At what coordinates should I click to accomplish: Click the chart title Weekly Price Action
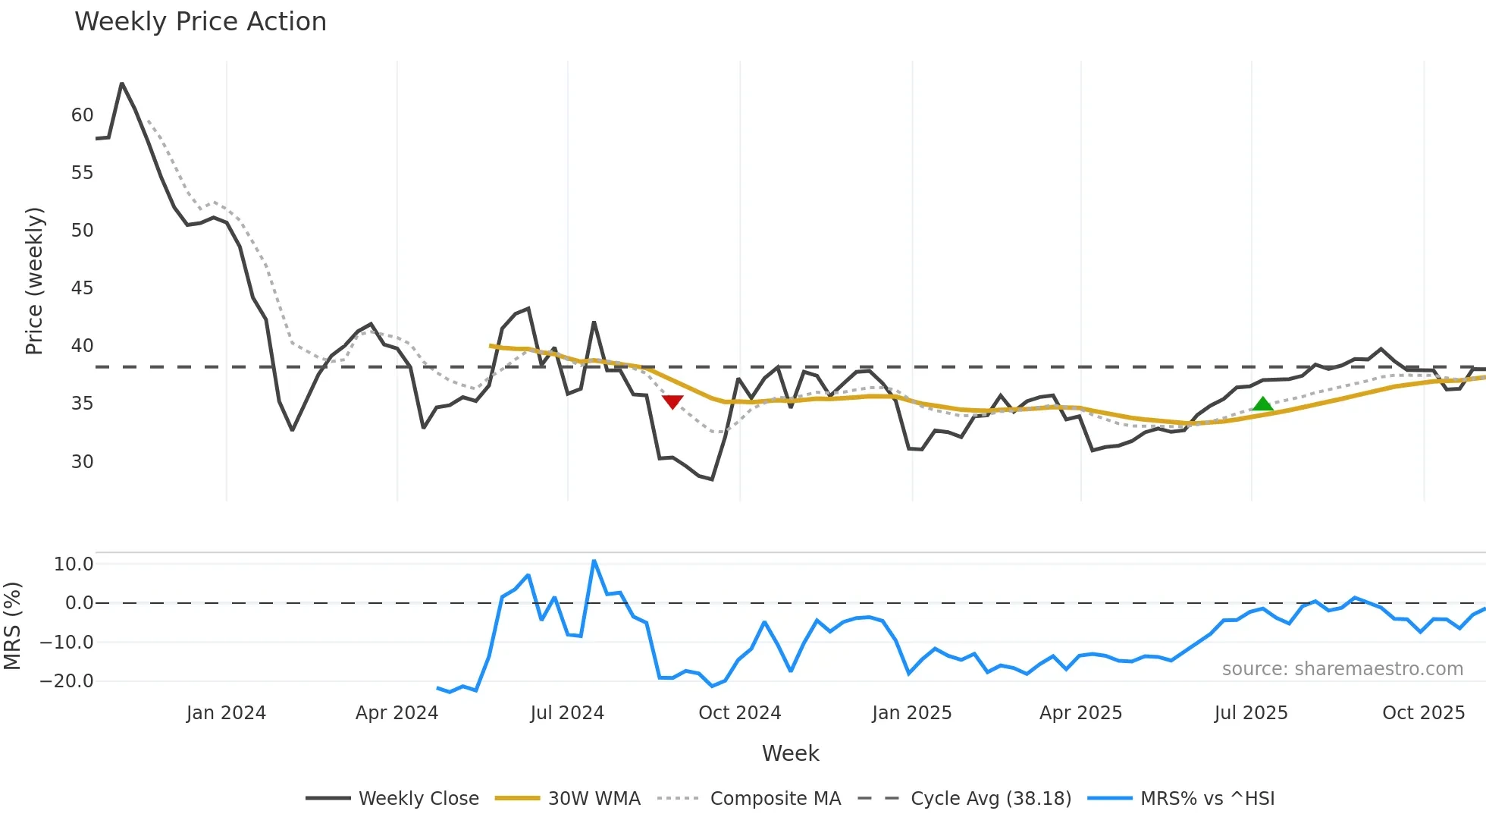(200, 22)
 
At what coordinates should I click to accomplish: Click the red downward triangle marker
(672, 401)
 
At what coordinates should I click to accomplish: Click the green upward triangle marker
(1262, 404)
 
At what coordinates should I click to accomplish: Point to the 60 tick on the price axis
(82, 115)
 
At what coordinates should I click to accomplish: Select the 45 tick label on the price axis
(82, 288)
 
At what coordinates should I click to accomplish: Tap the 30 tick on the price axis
(82, 461)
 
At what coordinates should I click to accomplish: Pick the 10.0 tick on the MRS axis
(74, 564)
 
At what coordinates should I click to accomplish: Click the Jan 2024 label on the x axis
(226, 713)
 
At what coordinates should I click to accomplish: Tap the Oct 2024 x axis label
(739, 713)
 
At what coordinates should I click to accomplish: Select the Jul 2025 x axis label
(1250, 713)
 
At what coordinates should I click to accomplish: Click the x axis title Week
(790, 753)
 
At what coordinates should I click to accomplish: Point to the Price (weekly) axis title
(35, 281)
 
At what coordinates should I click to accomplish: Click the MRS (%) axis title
(13, 626)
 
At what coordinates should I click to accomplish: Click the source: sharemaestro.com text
(1342, 669)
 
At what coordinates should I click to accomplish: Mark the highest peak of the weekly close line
(122, 83)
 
